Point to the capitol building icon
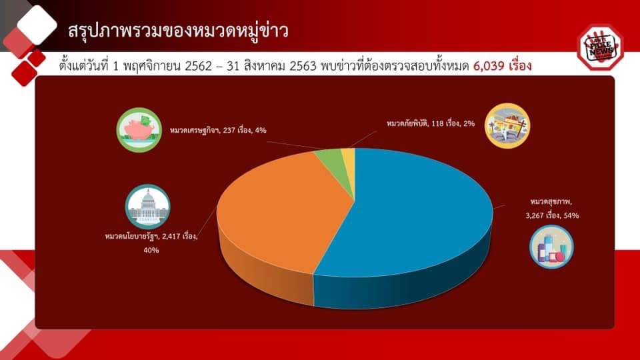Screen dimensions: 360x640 click(x=147, y=207)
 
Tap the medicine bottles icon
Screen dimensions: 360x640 click(x=551, y=247)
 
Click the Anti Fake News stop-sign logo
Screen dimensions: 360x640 click(x=599, y=47)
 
